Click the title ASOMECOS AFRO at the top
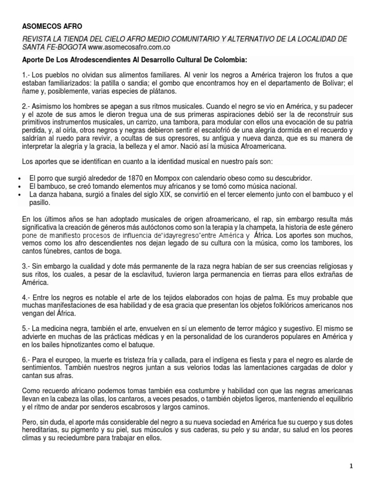click(x=50, y=26)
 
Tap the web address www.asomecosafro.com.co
click(x=130, y=47)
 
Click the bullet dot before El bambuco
click(x=18, y=186)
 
